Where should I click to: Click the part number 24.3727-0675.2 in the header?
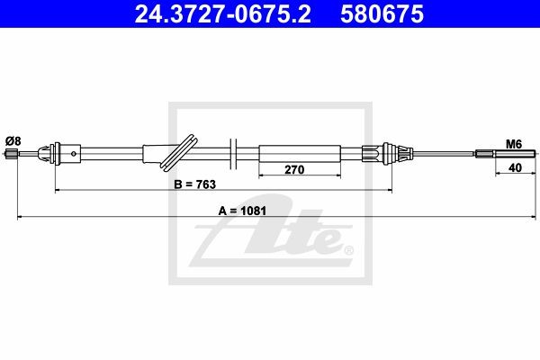tap(222, 14)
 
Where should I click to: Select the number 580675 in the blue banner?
tap(382, 14)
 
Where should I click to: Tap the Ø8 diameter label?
tap(13, 140)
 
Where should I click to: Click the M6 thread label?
tap(514, 144)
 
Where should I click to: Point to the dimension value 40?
tap(515, 167)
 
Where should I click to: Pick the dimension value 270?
tap(294, 169)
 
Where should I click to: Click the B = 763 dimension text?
tap(195, 184)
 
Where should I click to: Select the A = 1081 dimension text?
tap(242, 211)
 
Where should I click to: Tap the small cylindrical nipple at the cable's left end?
tap(12, 154)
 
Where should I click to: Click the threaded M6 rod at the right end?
tap(515, 153)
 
